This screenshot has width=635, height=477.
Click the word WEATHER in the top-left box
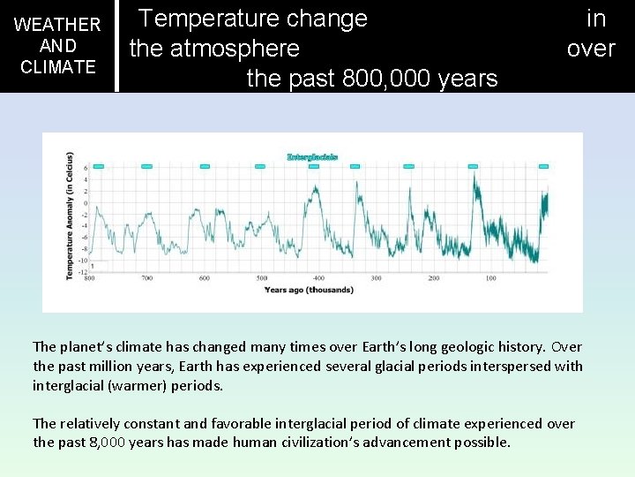(x=58, y=25)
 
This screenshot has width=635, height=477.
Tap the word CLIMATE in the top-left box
(x=58, y=67)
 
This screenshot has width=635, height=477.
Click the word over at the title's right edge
(x=591, y=49)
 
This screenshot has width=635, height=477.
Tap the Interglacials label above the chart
(x=312, y=157)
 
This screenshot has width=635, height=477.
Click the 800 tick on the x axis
(x=90, y=278)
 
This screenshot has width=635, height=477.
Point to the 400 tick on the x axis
(x=318, y=278)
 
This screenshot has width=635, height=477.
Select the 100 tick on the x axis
(x=490, y=278)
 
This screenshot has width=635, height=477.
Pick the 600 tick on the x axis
(x=205, y=278)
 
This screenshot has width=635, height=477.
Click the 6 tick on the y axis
(x=86, y=167)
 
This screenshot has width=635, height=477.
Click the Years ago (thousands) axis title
(x=309, y=290)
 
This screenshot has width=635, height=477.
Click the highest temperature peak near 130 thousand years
(x=474, y=175)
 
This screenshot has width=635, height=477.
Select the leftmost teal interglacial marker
(x=99, y=166)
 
